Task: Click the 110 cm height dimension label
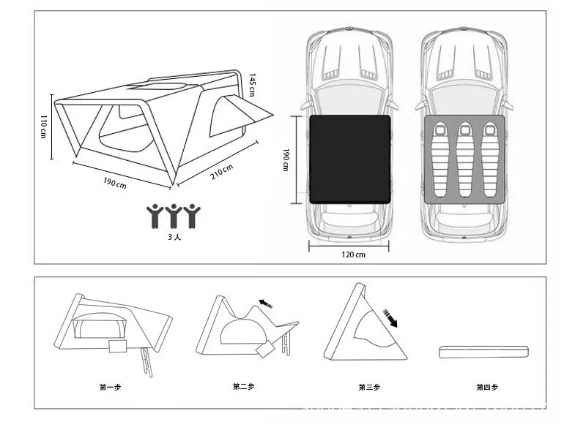pos(43,126)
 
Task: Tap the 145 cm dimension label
pos(252,83)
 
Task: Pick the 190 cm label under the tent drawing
pos(116,183)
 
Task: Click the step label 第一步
pos(111,386)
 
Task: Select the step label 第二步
pos(244,386)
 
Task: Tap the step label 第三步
pos(369,386)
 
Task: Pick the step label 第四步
pos(486,386)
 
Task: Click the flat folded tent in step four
pos(483,352)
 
